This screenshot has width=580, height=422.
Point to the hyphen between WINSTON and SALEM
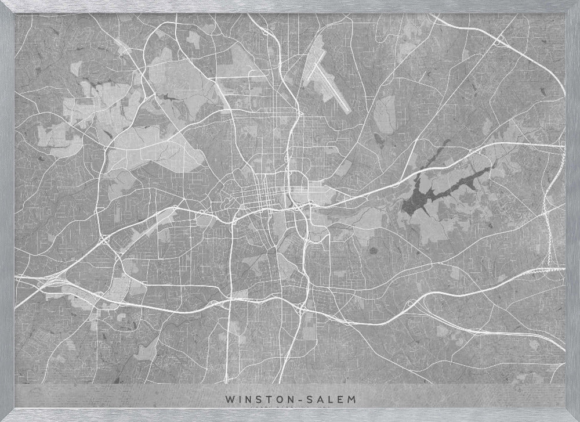click(x=298, y=399)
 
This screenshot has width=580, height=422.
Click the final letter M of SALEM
click(x=353, y=399)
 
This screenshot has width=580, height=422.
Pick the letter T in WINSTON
click(x=266, y=399)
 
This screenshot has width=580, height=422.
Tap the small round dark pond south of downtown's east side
click(x=374, y=251)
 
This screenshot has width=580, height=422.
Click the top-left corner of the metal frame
click(x=5, y=5)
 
